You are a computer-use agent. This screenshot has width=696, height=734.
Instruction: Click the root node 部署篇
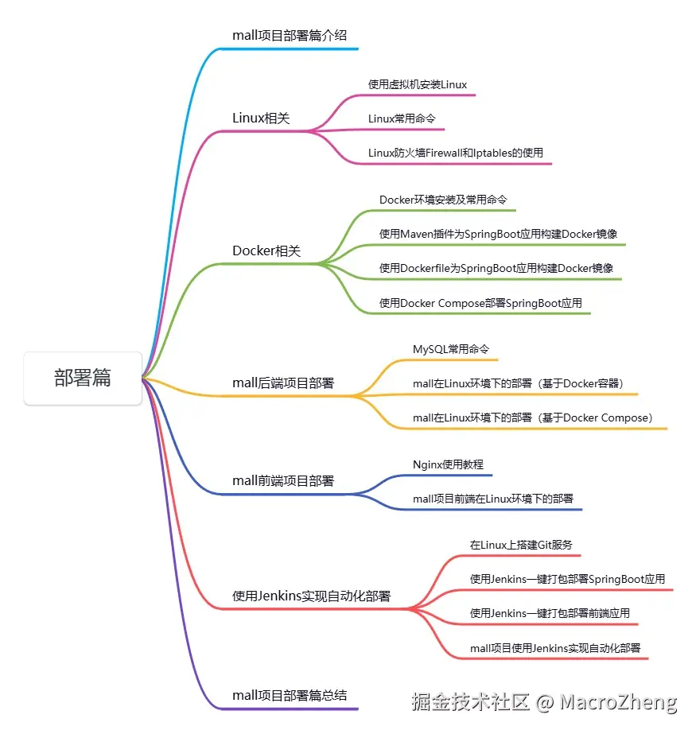click(83, 379)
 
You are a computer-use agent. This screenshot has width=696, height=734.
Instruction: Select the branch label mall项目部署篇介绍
click(290, 35)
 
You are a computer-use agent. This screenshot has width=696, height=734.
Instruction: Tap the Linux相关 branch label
click(261, 118)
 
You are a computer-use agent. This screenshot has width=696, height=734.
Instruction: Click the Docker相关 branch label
click(266, 250)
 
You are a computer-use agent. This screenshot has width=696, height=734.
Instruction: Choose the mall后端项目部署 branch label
click(283, 383)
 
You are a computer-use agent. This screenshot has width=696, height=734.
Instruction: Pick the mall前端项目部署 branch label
click(283, 480)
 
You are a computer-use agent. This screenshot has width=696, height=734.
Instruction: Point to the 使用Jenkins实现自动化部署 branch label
click(311, 596)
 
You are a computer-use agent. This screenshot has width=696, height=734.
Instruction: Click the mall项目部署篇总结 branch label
click(290, 694)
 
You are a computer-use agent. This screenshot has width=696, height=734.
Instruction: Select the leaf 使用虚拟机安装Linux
click(418, 83)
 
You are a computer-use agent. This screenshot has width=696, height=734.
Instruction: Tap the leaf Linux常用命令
click(402, 118)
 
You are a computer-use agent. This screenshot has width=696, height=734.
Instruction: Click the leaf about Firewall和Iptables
click(455, 152)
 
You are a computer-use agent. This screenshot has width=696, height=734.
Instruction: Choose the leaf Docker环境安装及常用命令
click(443, 199)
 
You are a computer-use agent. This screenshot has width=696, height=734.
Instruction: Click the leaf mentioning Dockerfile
click(496, 268)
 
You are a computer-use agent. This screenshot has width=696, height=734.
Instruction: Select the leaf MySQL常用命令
click(451, 349)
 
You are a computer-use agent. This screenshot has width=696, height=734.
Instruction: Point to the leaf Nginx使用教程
click(448, 464)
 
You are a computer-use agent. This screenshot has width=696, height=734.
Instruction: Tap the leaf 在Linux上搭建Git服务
click(521, 545)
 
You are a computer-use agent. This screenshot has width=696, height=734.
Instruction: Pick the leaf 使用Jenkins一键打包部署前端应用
click(550, 612)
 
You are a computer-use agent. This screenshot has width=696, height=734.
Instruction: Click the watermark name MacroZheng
click(618, 702)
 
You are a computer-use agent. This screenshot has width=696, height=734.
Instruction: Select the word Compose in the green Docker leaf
click(461, 303)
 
